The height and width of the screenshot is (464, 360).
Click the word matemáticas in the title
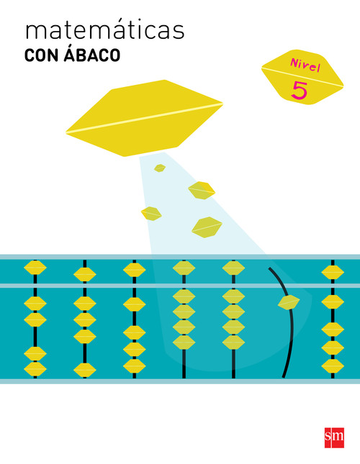(x=105, y=30)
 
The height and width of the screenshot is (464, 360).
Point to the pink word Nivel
(x=305, y=65)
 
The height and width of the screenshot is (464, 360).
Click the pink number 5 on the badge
(x=300, y=90)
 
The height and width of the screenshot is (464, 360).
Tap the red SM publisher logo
(x=334, y=437)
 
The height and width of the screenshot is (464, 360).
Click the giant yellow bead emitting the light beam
(x=144, y=118)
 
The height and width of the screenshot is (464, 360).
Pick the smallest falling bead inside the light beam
(x=160, y=168)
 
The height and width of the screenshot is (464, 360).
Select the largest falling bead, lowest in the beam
(x=207, y=227)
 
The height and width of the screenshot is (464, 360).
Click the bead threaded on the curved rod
(x=289, y=302)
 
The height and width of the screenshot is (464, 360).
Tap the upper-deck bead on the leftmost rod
(x=35, y=268)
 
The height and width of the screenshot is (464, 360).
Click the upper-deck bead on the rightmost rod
(x=333, y=272)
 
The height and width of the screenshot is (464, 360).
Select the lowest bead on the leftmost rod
(x=35, y=369)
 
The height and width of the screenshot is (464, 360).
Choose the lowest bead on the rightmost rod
(x=333, y=366)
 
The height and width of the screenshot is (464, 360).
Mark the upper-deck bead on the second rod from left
(x=85, y=275)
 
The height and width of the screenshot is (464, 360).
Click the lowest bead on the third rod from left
(x=135, y=366)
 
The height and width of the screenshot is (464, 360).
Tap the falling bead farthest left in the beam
(x=151, y=214)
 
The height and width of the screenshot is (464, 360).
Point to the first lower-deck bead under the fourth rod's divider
(x=184, y=296)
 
